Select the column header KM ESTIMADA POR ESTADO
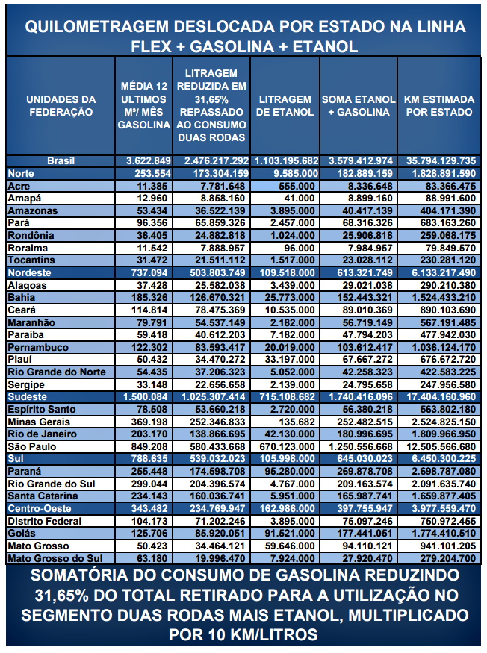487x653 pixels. (x=438, y=105)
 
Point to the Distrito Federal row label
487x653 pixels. (x=44, y=521)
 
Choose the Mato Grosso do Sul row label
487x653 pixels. (x=54, y=558)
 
